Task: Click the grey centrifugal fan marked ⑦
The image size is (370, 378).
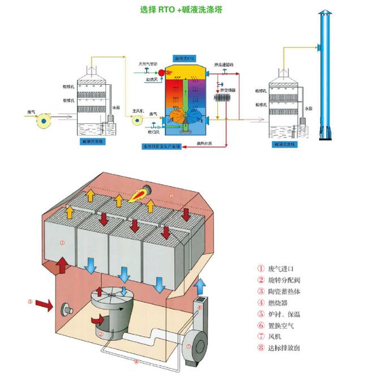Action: [196, 343]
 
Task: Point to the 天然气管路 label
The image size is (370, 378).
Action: [148, 64]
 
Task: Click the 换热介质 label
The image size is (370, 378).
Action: [205, 143]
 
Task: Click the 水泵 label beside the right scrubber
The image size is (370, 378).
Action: [309, 108]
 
